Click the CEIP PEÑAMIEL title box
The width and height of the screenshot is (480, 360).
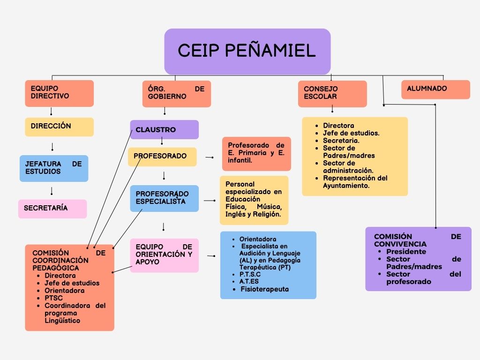pyautogui.click(x=247, y=51)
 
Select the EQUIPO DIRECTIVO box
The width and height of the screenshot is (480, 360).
pyautogui.click(x=59, y=93)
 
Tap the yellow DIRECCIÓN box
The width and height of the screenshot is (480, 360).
pyautogui.click(x=59, y=127)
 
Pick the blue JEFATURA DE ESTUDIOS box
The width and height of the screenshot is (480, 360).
pyautogui.click(x=53, y=168)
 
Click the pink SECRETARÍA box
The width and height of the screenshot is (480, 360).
pyautogui.click(x=52, y=209)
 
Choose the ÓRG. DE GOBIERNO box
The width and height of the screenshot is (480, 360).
pyautogui.click(x=176, y=93)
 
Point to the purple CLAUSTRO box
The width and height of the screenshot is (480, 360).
pyautogui.click(x=164, y=130)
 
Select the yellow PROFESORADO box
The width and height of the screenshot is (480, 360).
pyautogui.click(x=162, y=157)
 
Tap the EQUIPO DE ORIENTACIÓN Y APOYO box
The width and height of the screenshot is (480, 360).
pyautogui.click(x=164, y=255)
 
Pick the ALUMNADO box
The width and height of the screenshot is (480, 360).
pyautogui.click(x=435, y=89)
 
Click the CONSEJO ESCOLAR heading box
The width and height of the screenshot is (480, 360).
pyautogui.click(x=332, y=93)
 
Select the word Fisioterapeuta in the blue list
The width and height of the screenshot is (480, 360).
pyautogui.click(x=264, y=289)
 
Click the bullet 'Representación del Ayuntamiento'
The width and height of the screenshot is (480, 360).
pyautogui.click(x=355, y=182)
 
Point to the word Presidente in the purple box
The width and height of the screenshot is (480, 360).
pyautogui.click(x=406, y=252)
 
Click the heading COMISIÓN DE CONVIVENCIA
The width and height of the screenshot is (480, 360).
pyautogui.click(x=417, y=240)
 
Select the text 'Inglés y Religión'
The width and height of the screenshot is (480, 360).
pyautogui.click(x=253, y=214)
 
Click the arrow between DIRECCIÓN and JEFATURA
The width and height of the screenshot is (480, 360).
pyautogui.click(x=52, y=146)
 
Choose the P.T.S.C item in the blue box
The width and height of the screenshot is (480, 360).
pyautogui.click(x=250, y=274)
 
